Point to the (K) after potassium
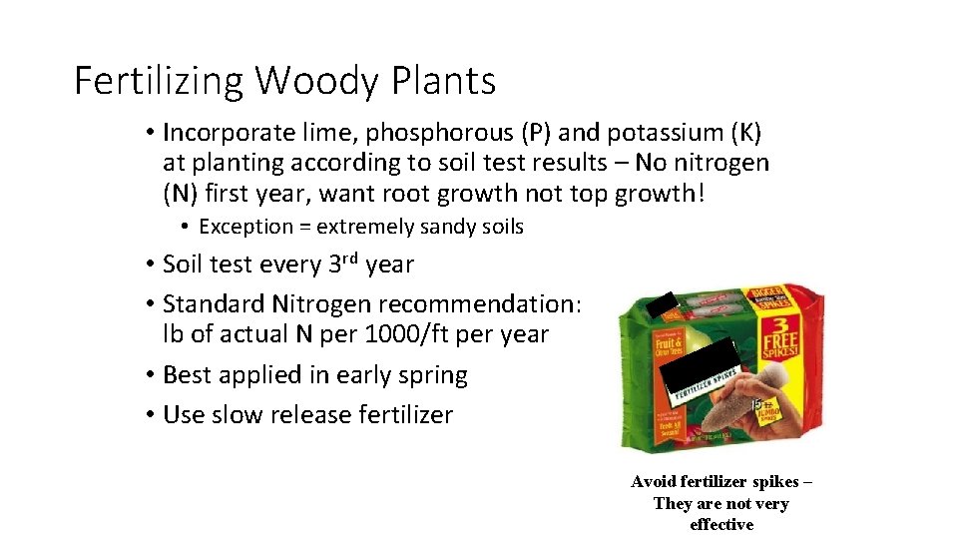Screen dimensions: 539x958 743,133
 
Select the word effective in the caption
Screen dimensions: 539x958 720,525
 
